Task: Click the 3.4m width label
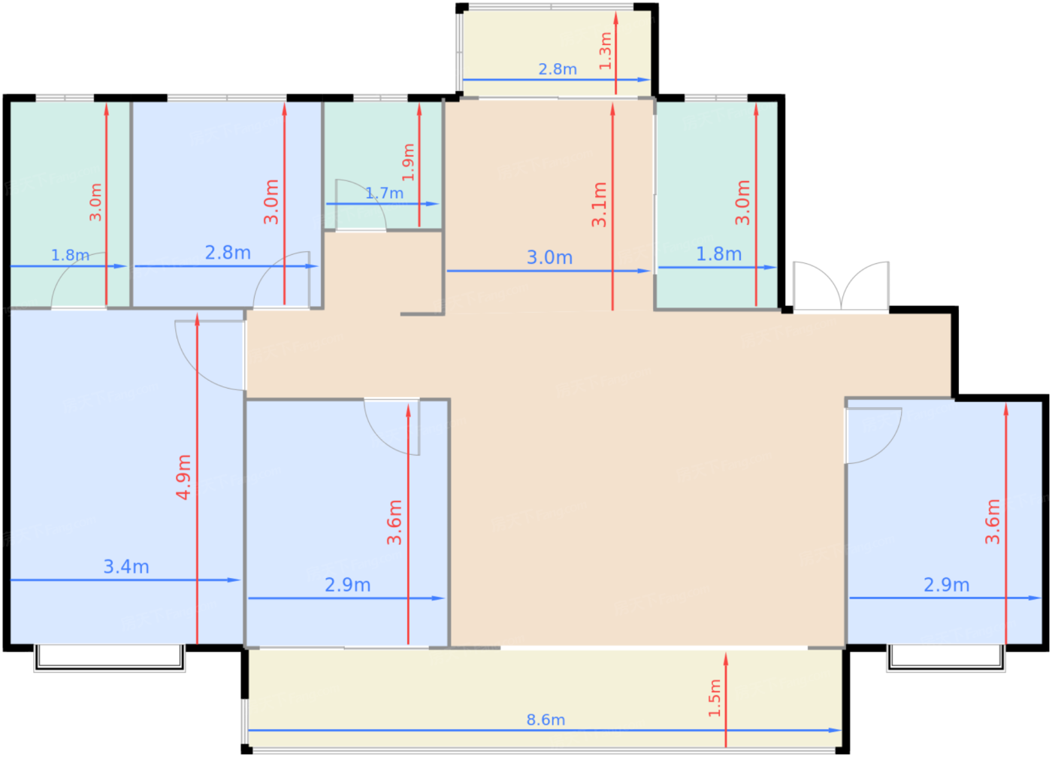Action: (126, 567)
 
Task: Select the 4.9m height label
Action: (183, 477)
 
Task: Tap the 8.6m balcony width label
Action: (546, 720)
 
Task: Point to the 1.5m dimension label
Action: (715, 698)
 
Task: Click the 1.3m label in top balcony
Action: (606, 51)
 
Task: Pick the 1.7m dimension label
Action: (385, 193)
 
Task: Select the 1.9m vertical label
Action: (408, 162)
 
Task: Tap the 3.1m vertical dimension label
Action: (599, 204)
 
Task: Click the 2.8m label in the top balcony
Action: (558, 69)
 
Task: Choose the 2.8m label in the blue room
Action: (228, 253)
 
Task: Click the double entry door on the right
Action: (841, 286)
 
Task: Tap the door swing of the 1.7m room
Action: (360, 204)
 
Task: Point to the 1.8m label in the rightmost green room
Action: (718, 254)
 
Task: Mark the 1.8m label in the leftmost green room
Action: (70, 256)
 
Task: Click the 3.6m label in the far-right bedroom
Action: (993, 521)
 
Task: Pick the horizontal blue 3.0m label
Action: (549, 258)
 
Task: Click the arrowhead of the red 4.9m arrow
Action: (197, 319)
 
